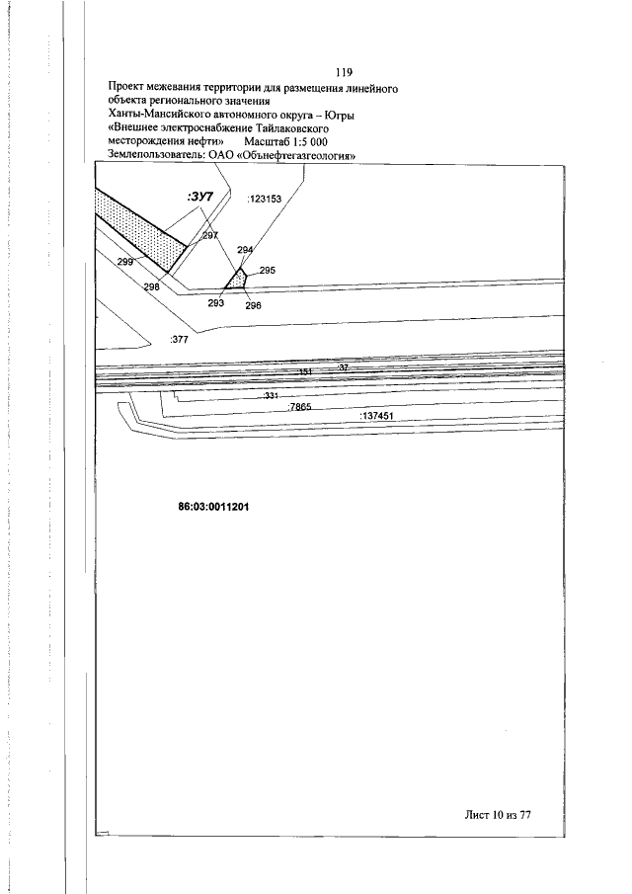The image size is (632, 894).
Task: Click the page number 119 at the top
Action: click(344, 72)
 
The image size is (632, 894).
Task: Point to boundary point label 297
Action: click(210, 236)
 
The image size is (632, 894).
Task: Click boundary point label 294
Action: click(246, 250)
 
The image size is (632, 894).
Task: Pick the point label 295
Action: click(267, 270)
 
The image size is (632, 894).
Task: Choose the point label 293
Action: click(216, 303)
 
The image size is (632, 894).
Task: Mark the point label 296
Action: click(253, 305)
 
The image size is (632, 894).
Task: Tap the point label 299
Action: click(124, 262)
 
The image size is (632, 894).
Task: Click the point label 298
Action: click(151, 286)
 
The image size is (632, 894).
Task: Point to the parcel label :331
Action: click(272, 395)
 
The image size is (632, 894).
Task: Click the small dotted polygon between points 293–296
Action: click(236, 281)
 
